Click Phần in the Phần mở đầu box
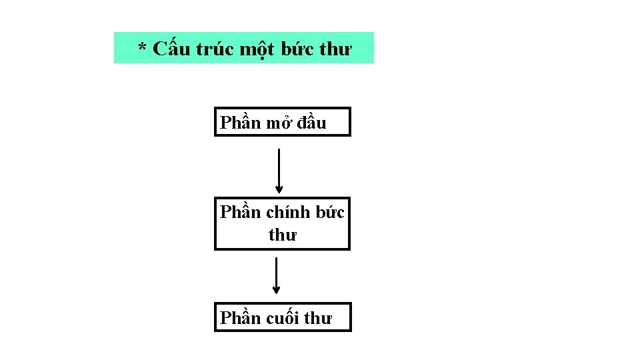[x=241, y=123]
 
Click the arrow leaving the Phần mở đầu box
[x=279, y=167]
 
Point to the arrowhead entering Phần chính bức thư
[x=279, y=190]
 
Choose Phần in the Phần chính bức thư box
[x=241, y=212]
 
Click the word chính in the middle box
[x=288, y=213]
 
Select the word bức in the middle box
[x=330, y=212]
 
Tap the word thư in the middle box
[x=283, y=235]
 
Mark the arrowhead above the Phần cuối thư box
[x=276, y=290]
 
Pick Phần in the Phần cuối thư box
[x=241, y=319]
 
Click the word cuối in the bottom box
[x=283, y=319]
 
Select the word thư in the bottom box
[x=317, y=319]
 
